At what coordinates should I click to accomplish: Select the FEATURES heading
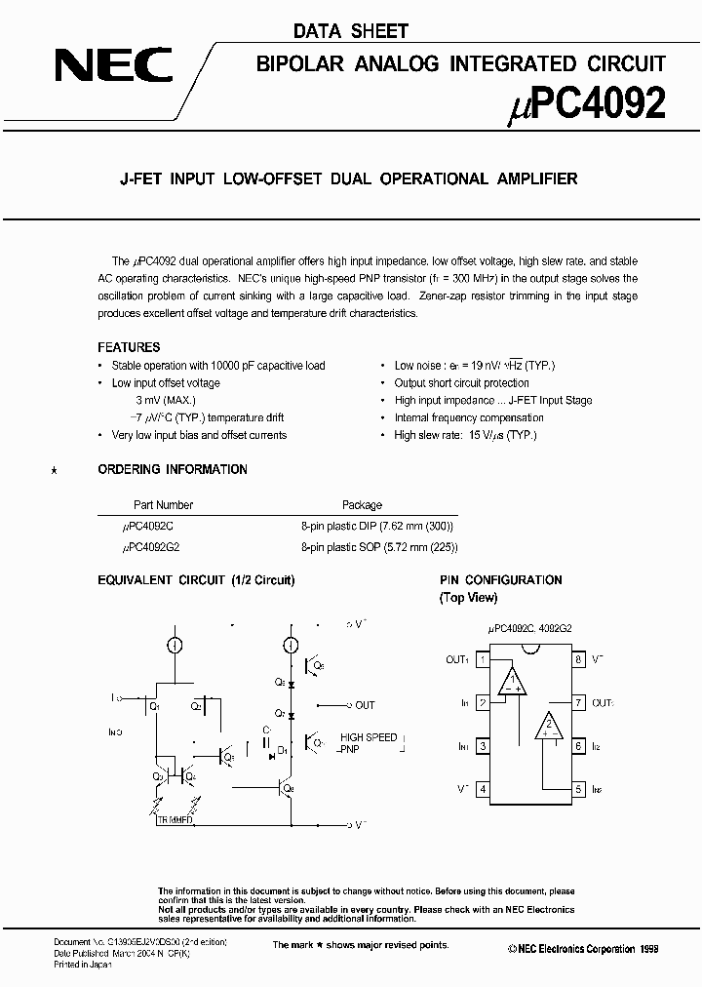(129, 347)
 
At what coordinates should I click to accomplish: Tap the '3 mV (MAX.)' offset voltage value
(166, 400)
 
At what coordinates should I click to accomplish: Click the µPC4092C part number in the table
(148, 526)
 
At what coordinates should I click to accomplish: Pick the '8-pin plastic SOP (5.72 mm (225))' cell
(378, 548)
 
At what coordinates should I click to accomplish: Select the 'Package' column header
(362, 505)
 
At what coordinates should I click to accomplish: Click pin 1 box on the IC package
(482, 660)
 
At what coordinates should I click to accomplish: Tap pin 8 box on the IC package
(579, 660)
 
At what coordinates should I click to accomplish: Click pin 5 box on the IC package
(579, 789)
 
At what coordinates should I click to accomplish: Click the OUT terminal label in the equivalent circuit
(364, 705)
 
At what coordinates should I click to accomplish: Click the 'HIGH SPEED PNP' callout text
(368, 743)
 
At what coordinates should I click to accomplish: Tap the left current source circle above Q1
(175, 646)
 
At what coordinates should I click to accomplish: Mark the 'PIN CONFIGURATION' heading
(500, 580)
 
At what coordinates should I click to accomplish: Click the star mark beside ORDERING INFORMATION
(54, 471)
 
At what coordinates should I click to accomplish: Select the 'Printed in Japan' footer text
(82, 965)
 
